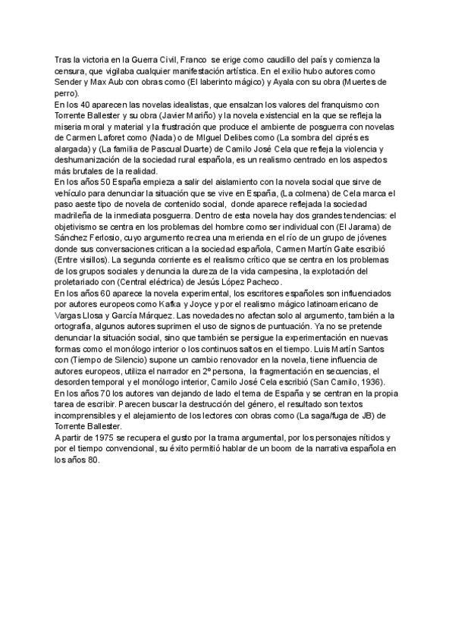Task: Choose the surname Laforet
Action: (125, 138)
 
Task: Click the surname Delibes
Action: (247, 138)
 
